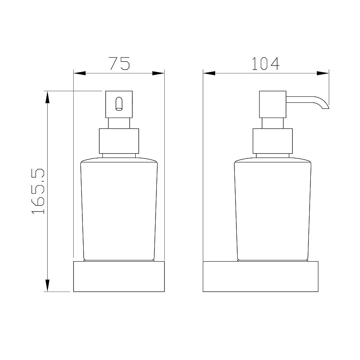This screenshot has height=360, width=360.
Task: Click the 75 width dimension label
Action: tap(120, 63)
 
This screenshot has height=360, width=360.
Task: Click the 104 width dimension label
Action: tap(266, 63)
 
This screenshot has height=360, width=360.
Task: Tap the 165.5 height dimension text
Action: tap(38, 191)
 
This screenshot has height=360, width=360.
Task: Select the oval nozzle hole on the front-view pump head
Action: tap(119, 104)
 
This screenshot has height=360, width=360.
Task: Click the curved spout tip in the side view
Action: tap(326, 106)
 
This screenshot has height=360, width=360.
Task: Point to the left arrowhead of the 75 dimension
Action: tap(80, 73)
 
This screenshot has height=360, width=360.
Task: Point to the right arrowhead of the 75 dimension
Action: tap(158, 73)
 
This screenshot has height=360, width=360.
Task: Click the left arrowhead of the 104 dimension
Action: tap(209, 73)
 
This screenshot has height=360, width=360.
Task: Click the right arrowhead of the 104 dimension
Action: tap(322, 73)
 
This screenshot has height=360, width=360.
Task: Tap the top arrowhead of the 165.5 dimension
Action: tap(47, 97)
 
